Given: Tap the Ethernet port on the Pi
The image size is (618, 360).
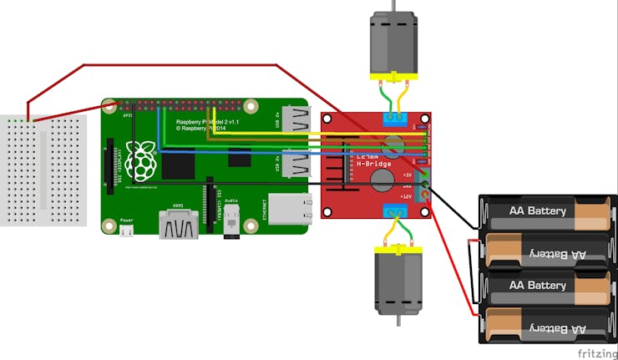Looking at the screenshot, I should (289, 209).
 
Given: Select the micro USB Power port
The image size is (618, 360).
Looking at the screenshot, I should (126, 232).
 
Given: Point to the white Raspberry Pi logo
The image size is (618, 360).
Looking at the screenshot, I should (144, 160).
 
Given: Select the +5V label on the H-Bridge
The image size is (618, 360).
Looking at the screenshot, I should (408, 174).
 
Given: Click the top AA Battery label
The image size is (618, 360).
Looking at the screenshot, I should (539, 211).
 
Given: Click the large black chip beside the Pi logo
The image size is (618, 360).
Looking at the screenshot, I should (177, 164).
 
